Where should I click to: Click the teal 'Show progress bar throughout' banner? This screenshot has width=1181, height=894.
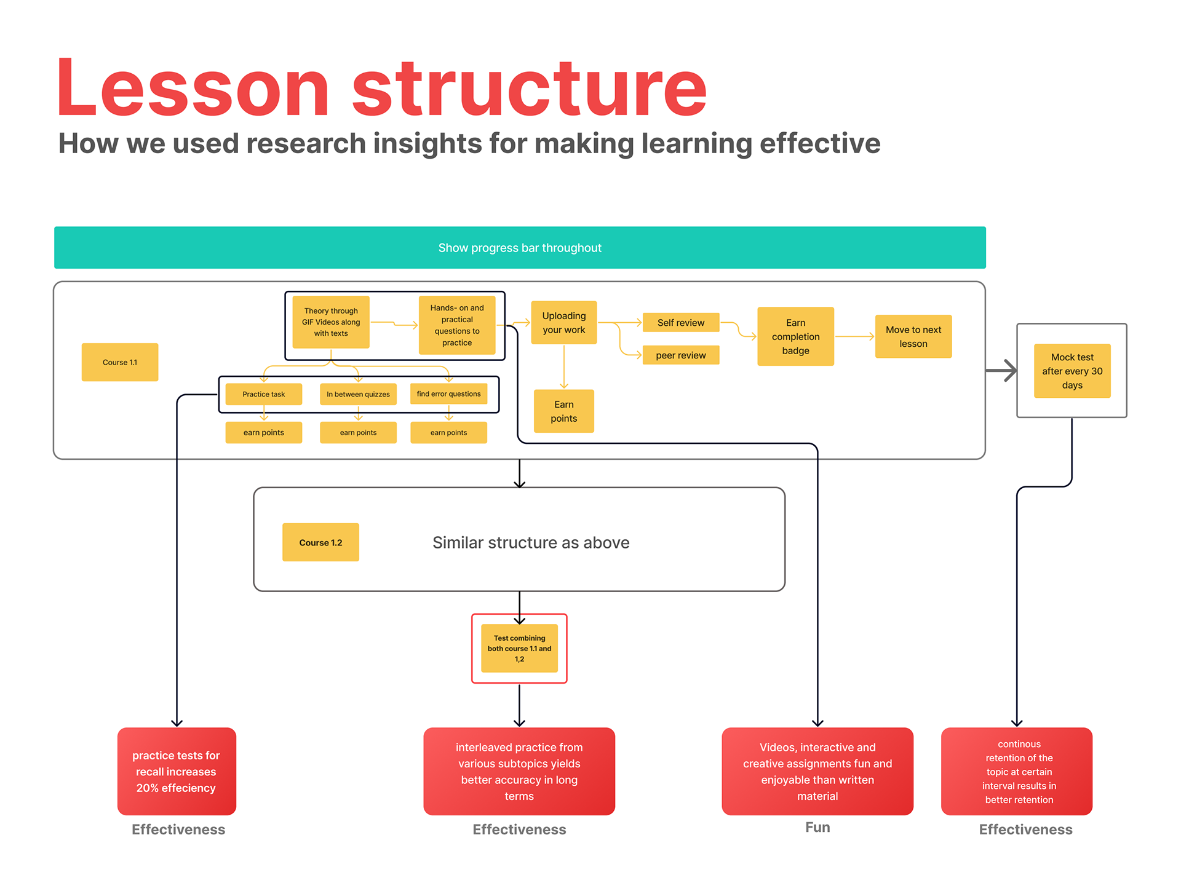[520, 247]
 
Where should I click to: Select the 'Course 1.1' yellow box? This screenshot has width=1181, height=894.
[120, 362]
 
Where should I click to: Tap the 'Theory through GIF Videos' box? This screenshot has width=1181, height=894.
[331, 322]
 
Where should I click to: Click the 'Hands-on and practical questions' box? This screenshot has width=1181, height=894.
[457, 325]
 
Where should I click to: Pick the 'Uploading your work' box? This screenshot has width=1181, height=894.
[564, 322]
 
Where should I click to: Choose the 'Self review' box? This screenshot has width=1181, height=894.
[681, 322]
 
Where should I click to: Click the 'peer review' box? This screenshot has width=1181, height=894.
[681, 355]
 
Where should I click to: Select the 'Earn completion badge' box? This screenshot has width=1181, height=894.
[796, 336]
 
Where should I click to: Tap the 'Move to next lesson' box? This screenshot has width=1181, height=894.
[913, 336]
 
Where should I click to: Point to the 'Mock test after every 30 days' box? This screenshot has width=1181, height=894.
[1072, 371]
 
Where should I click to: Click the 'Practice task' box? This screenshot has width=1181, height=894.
[264, 394]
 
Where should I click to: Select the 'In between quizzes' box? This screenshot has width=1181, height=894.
[358, 394]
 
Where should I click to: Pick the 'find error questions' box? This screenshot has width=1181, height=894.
[449, 394]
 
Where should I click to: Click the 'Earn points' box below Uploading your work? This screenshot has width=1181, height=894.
[564, 411]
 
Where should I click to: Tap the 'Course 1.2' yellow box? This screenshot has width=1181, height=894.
[320, 542]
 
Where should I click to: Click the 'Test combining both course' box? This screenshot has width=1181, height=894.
[520, 648]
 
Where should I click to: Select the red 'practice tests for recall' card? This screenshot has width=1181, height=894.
[177, 771]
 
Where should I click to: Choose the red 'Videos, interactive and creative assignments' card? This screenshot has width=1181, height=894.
[817, 771]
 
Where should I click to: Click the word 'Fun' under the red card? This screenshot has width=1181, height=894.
[817, 828]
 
